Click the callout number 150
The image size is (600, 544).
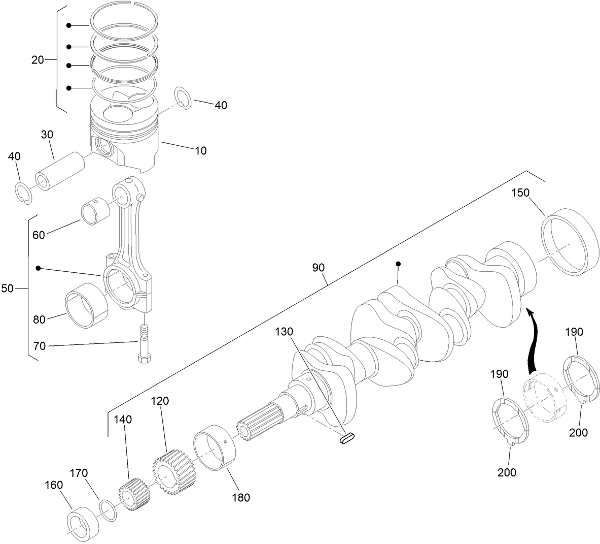coord(520,193)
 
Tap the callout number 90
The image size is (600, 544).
coord(319,268)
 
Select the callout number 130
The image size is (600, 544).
coord(285,332)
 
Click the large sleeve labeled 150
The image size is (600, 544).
coord(569,242)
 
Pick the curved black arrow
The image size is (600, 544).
coord(532,341)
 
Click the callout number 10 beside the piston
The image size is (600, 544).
coord(201,151)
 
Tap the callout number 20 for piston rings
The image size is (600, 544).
coord(38,60)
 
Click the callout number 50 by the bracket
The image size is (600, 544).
coord(7,289)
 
